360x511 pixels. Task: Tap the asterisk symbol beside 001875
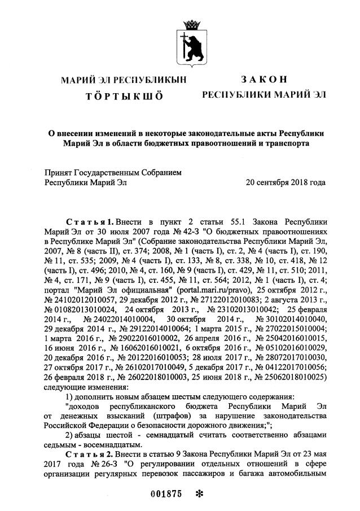[x=198, y=493]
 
